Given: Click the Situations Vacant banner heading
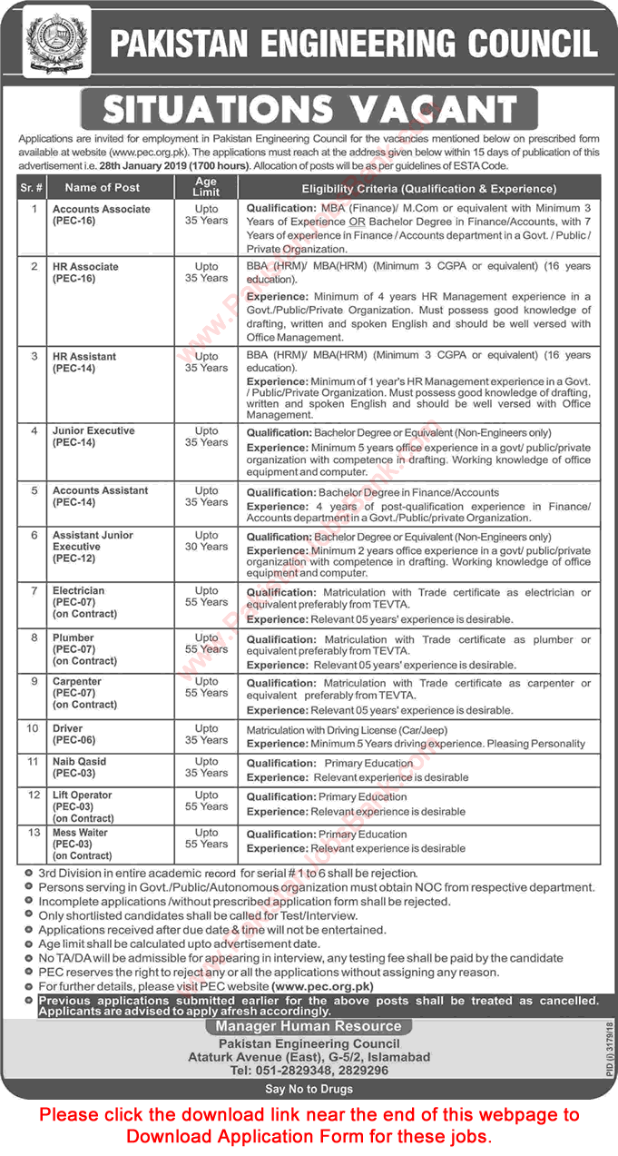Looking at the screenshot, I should pos(309,109).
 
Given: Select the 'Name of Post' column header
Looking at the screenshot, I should pos(103,188).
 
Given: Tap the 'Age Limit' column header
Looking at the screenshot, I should pos(206,187).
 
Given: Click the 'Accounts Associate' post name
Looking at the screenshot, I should pos(101,209).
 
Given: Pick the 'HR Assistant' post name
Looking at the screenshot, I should pos(84,357).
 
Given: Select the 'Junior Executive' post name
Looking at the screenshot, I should pos(93,430).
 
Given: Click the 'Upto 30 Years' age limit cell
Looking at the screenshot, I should pos(206,541).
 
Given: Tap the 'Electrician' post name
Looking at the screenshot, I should pos(79,590).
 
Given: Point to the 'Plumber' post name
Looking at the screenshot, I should pos(74,638).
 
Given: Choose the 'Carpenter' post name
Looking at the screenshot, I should pos(77,681).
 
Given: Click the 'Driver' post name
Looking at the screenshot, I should pos(68,728).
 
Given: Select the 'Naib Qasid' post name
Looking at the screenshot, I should pos(80,762).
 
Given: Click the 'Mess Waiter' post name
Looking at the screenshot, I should pos(81,833).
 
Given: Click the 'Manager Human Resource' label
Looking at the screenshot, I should pos(308,1026).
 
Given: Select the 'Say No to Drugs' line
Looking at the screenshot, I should pos(308,1089).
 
